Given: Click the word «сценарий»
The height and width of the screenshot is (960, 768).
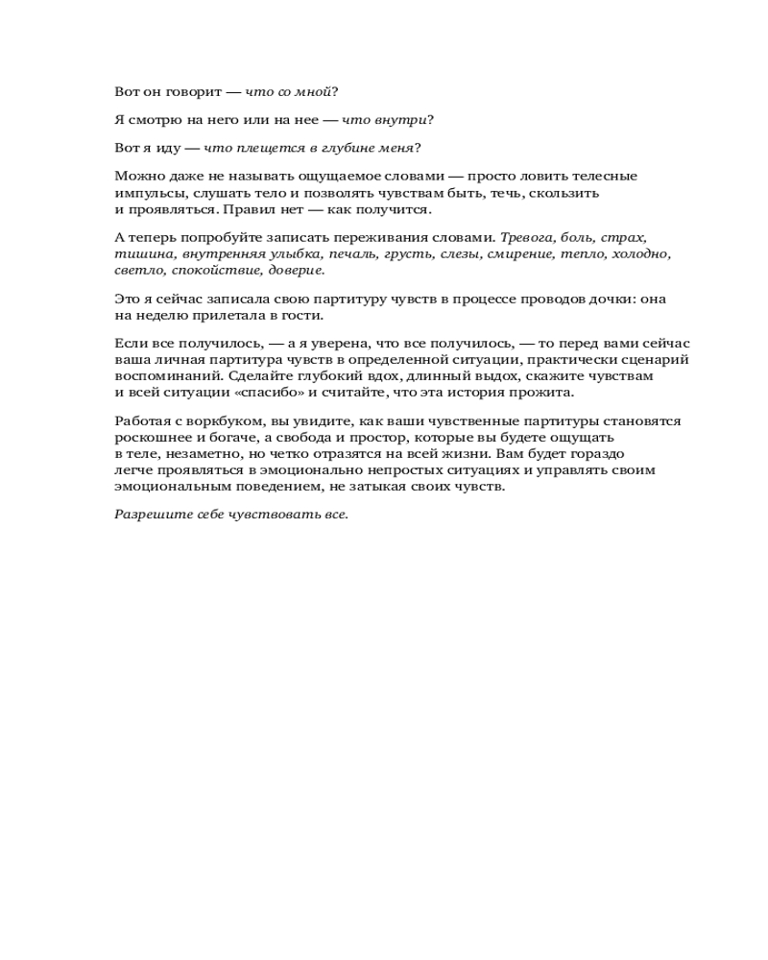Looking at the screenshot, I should coord(658,360).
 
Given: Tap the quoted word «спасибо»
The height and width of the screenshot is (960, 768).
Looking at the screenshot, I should coord(269,393).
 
